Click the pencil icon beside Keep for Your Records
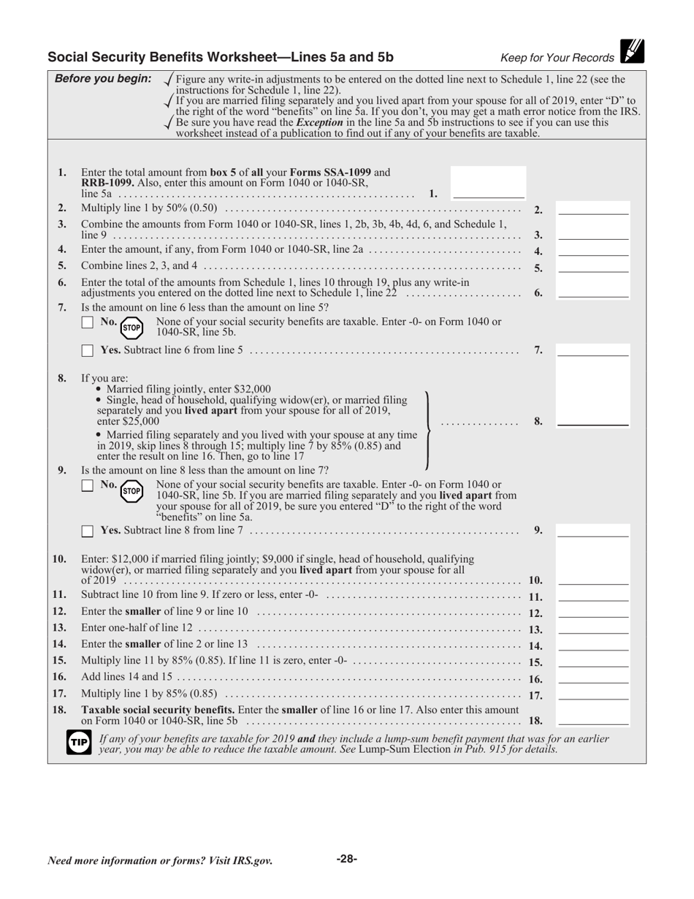tap(633, 51)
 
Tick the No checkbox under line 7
tap(87, 322)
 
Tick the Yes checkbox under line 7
tap(87, 351)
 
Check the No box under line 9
tap(87, 485)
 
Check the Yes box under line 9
tap(87, 531)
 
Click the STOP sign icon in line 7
tap(131, 327)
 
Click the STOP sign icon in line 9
tap(131, 490)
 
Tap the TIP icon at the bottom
tap(78, 743)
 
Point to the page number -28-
tap(346, 859)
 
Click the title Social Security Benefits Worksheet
tap(220, 58)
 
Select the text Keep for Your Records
tap(557, 58)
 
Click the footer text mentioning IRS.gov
tap(160, 860)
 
